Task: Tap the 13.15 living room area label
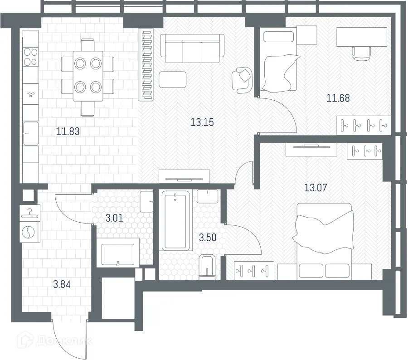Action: click(x=202, y=122)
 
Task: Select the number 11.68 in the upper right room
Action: click(x=338, y=97)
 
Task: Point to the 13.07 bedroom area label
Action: click(x=316, y=187)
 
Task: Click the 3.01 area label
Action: click(x=114, y=218)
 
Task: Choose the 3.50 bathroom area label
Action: click(x=208, y=237)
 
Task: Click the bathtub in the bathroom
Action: click(x=175, y=220)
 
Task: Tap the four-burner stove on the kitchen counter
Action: click(x=30, y=57)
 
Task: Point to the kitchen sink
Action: click(x=30, y=132)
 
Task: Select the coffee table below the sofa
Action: click(x=172, y=79)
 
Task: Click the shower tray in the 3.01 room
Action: click(x=117, y=254)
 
